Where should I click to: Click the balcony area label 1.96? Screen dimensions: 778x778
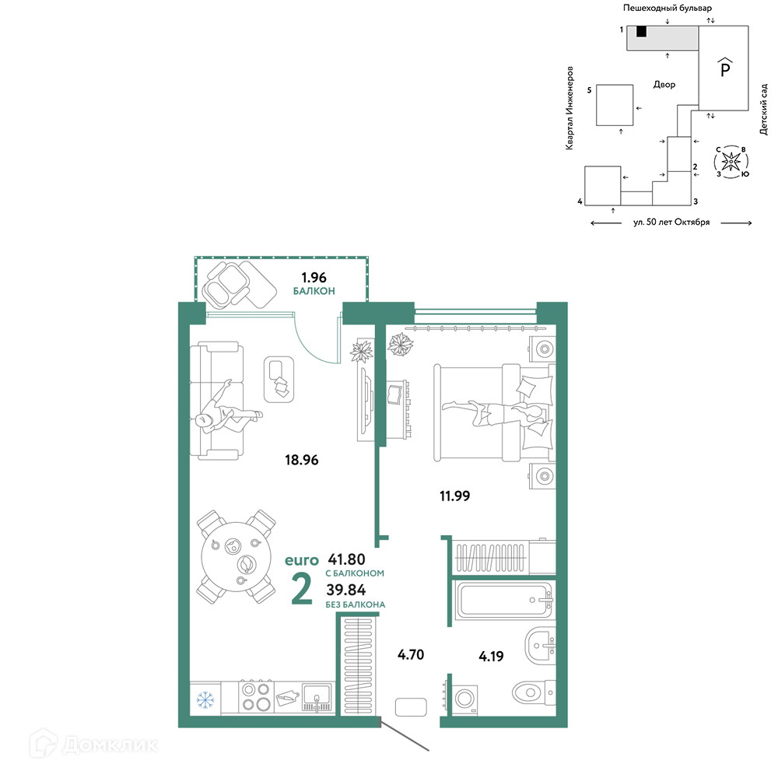(x=314, y=278)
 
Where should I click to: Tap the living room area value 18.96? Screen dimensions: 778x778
(x=302, y=460)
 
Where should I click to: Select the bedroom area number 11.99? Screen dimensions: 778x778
(x=454, y=496)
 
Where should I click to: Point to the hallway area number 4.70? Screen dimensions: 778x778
(x=411, y=654)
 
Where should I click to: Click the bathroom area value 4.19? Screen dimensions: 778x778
(x=491, y=657)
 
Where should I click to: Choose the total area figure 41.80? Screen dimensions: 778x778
(x=346, y=559)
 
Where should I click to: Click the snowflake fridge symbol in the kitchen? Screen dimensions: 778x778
(x=205, y=700)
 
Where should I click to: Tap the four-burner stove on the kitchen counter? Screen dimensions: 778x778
(x=256, y=696)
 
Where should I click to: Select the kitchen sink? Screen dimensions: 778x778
(x=317, y=696)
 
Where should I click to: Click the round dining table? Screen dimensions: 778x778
(x=237, y=557)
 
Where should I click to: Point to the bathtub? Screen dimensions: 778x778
(x=504, y=600)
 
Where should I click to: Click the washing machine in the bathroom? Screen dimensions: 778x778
(x=462, y=699)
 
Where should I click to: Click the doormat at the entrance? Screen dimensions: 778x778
(x=411, y=706)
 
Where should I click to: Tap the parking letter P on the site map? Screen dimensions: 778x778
(x=725, y=68)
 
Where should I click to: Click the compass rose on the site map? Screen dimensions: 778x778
(x=731, y=162)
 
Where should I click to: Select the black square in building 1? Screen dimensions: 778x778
(x=641, y=31)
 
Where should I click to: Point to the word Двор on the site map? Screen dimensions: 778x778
(x=664, y=85)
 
